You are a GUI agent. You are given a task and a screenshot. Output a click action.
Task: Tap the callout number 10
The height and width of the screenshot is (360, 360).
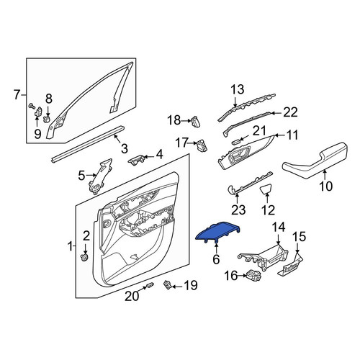tap(326, 186)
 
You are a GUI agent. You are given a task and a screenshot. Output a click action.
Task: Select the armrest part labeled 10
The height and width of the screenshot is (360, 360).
tap(315, 161)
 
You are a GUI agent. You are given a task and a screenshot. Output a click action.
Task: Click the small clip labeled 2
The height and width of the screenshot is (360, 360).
tap(84, 258)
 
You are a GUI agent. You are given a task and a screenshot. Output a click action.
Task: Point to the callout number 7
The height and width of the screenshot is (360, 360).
tap(17, 95)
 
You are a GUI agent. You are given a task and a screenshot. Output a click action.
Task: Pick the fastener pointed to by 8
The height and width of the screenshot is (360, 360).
tap(48, 119)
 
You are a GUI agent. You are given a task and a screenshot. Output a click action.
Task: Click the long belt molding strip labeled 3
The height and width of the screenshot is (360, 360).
tap(88, 143)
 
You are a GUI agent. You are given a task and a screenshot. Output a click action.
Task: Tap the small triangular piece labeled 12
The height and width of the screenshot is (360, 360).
tap(266, 189)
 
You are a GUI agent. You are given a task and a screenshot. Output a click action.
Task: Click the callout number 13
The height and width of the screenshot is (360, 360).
tap(238, 89)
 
